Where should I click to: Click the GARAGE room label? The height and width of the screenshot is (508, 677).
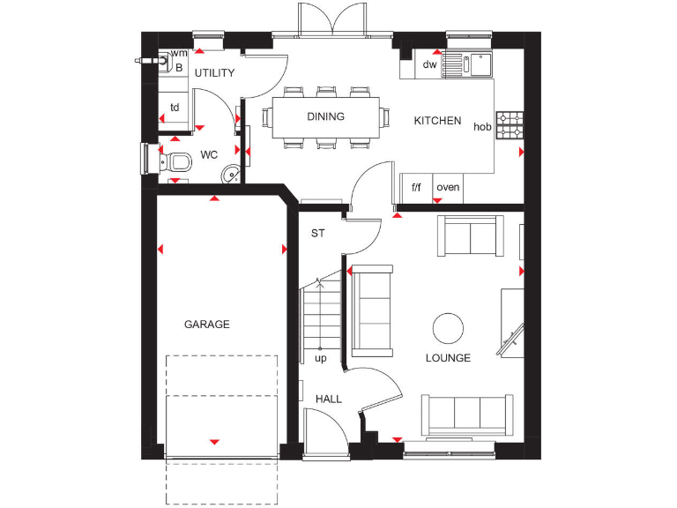tap(206, 325)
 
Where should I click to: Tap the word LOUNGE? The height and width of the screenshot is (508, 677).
tap(448, 358)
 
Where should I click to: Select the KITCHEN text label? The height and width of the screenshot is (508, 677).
tap(437, 121)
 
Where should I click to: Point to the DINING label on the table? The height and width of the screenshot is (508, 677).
tap(325, 116)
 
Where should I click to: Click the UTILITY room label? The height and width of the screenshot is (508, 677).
tap(214, 72)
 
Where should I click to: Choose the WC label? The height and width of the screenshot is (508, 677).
tap(209, 155)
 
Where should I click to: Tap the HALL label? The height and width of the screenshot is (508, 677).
tap(329, 400)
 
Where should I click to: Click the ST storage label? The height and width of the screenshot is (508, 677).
tap(317, 234)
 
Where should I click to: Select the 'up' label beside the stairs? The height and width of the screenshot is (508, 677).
tap(320, 359)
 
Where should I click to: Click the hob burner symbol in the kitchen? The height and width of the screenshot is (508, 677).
tap(509, 125)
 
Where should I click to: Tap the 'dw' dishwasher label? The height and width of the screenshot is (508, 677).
tap(430, 64)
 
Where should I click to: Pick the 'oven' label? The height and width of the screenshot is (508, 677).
tap(448, 187)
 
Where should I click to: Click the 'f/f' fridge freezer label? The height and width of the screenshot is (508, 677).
tap(415, 187)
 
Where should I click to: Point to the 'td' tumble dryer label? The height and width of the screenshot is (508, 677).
tap(175, 108)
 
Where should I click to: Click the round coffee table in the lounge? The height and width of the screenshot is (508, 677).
tap(448, 328)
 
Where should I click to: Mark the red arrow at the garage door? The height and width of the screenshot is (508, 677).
tap(214, 441)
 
